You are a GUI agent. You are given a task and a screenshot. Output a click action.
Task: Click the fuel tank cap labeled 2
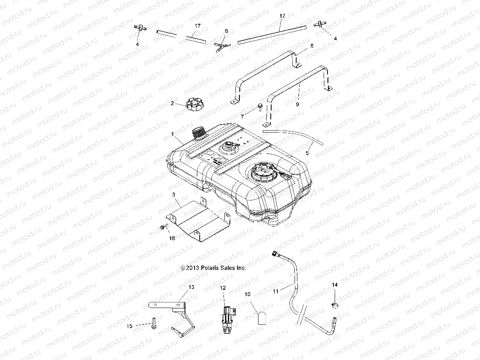click(x=194, y=106)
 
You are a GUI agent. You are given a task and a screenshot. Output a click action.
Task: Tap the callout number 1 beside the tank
click(x=173, y=135)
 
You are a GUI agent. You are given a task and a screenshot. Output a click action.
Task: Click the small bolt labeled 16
click(x=163, y=227)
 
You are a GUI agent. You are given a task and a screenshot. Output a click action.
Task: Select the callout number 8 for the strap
click(x=312, y=46)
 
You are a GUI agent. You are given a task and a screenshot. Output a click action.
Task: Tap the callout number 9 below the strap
click(x=297, y=104)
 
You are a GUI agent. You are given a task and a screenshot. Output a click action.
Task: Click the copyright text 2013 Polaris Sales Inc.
click(x=213, y=268)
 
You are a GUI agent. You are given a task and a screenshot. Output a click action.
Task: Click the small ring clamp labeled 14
click(x=335, y=305)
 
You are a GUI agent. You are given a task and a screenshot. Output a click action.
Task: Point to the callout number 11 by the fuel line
click(x=276, y=291)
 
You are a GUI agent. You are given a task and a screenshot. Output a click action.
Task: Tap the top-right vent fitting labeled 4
click(x=319, y=25)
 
